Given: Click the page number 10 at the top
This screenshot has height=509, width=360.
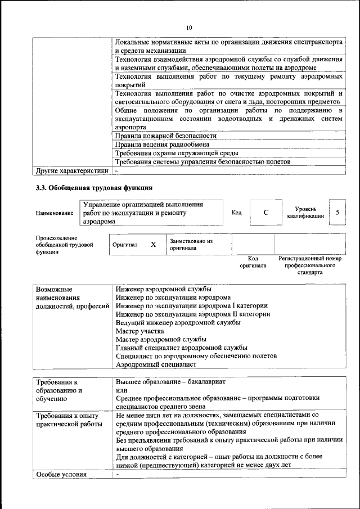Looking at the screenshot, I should pos(189,28).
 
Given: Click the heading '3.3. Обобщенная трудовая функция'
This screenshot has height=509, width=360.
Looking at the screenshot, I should pos(94,187).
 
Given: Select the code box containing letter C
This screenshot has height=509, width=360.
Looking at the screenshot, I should pos(266,213).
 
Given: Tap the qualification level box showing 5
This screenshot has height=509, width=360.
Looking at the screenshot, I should pos(337,213).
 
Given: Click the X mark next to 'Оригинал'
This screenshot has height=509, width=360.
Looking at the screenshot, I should pos(153,245).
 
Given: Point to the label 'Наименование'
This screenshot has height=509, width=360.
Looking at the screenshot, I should pos(55,213).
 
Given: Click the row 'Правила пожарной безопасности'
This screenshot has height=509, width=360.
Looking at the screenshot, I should pos(165,136).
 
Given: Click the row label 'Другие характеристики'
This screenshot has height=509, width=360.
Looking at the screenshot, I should pos(71,170).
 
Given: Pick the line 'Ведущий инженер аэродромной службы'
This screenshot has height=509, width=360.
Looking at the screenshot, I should pos(178,323).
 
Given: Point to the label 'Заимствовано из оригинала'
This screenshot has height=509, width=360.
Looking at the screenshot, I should pos(191,244).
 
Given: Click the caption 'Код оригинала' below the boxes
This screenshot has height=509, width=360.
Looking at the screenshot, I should pos(253,262).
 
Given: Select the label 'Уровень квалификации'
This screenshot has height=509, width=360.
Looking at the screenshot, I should pos(305,212).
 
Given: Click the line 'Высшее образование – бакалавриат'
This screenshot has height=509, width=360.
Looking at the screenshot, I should pos(170,381).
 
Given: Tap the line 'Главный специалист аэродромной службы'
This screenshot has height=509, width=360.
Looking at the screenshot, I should pos(181,348).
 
